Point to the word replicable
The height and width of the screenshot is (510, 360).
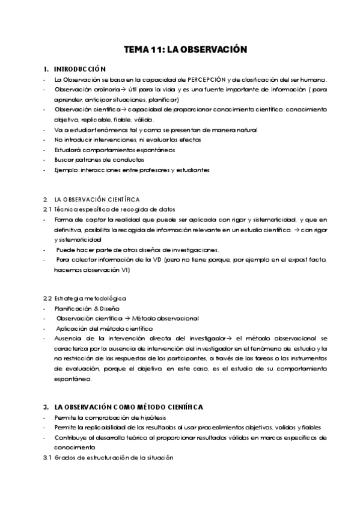click(x=89, y=120)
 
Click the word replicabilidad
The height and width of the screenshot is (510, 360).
click(x=97, y=428)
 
